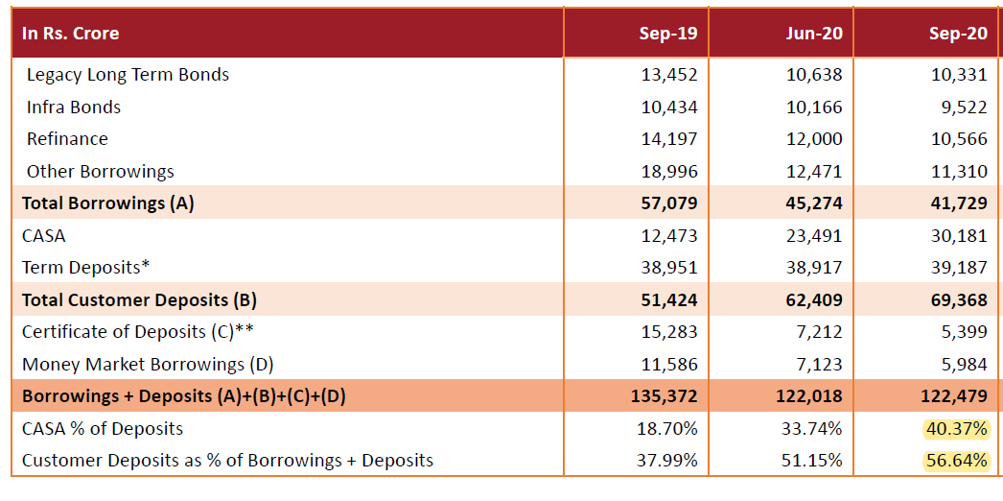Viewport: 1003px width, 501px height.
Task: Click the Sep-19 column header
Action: click(668, 34)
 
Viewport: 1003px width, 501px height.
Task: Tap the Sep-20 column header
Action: click(958, 34)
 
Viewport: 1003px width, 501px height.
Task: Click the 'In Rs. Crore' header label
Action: click(71, 34)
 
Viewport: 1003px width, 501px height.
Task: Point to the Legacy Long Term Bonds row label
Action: click(128, 74)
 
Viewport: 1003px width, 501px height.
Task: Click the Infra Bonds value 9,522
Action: click(964, 107)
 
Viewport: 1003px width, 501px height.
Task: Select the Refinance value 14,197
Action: click(669, 139)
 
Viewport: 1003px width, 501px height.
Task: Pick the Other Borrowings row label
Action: click(101, 172)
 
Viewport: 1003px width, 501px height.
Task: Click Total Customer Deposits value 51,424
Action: click(669, 300)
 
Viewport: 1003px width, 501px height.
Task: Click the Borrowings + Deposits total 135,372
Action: click(665, 396)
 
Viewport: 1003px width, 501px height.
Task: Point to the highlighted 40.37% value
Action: click(956, 429)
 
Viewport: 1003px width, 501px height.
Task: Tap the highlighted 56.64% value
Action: click(956, 461)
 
